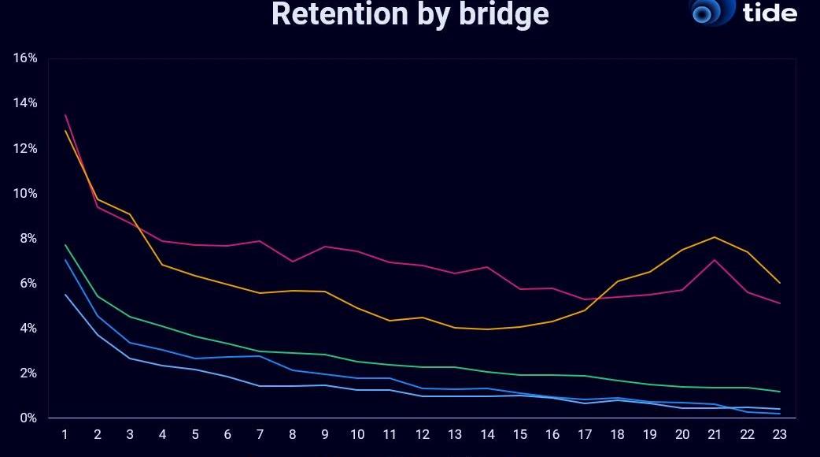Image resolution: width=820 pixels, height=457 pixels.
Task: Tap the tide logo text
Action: pyautogui.click(x=769, y=12)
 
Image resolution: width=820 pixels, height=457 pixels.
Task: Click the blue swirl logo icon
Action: pyautogui.click(x=711, y=11)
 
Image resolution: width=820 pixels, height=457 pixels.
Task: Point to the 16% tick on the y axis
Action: pyautogui.click(x=25, y=58)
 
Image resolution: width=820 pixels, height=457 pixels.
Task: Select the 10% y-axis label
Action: pyautogui.click(x=25, y=194)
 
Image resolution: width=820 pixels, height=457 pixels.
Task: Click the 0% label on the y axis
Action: pyautogui.click(x=28, y=418)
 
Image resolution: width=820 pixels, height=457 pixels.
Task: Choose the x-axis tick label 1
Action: pyautogui.click(x=65, y=434)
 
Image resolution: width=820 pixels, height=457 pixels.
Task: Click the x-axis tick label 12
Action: pyautogui.click(x=423, y=434)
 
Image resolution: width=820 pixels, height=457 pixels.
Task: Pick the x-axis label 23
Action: pyautogui.click(x=779, y=434)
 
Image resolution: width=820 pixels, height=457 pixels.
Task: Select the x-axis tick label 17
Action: pyautogui.click(x=585, y=434)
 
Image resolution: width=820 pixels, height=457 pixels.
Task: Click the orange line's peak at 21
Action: pyautogui.click(x=714, y=237)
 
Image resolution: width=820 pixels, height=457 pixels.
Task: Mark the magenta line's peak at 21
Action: pyautogui.click(x=714, y=260)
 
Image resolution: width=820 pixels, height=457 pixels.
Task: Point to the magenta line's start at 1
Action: pyautogui.click(x=65, y=115)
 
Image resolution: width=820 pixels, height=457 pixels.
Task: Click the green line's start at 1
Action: pyautogui.click(x=65, y=245)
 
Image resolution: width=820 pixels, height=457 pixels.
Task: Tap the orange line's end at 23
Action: pyautogui.click(x=779, y=283)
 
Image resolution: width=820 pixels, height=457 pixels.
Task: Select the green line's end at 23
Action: pyautogui.click(x=779, y=392)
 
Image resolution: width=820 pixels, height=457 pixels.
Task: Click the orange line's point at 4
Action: pyautogui.click(x=162, y=265)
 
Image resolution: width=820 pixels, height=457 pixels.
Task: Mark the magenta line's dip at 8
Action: pyautogui.click(x=292, y=262)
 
